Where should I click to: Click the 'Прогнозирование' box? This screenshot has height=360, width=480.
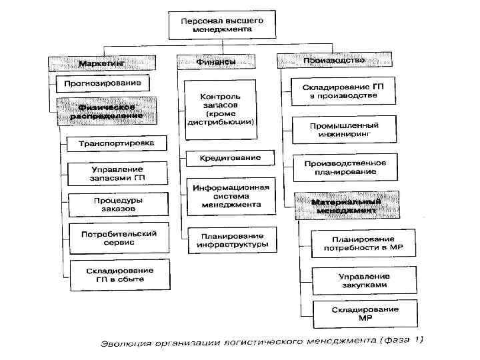coord(103,84)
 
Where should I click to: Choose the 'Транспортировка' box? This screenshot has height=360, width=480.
coord(116,143)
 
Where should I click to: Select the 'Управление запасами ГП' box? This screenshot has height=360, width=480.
coord(117,174)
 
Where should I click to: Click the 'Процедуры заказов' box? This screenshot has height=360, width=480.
coord(117,204)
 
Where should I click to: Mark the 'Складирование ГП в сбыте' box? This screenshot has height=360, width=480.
coord(119,274)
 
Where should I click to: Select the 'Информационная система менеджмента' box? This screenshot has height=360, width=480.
coord(231,196)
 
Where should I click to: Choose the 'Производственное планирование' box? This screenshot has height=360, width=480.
coord(345,167)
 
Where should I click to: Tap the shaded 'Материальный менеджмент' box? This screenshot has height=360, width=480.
coord(347,205)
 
